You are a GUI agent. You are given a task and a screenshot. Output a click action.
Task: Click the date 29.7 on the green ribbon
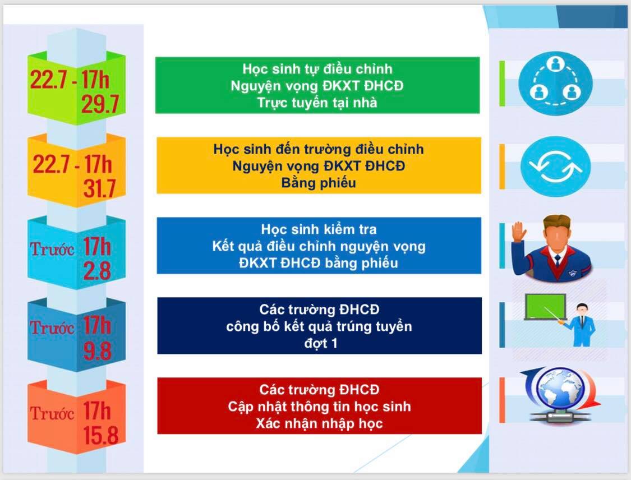pos(100,105)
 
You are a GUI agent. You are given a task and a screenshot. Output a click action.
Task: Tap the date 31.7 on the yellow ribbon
pos(99,188)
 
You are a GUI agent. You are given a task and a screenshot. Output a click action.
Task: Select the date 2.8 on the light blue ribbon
pos(97,270)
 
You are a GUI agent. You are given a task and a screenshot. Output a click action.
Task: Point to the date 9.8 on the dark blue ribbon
pos(98,351)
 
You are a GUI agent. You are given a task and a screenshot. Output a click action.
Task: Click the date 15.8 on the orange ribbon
pos(100,435)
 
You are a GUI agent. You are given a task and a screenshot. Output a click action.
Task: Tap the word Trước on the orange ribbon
pos(52,413)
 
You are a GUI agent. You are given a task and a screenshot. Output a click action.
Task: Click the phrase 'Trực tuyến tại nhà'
pos(317,103)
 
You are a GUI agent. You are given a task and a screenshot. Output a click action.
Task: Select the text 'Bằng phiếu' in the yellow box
pos(319,183)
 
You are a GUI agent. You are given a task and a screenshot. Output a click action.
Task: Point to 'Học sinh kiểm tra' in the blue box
pos(319,229)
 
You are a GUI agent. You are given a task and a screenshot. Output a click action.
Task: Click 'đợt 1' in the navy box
pos(320,343)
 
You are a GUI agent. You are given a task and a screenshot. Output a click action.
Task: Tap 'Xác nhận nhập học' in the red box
pos(319,423)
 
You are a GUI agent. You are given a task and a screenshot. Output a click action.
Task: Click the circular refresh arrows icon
pos(555,166)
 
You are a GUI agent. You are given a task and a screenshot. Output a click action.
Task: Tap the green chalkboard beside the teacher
pos(545,307)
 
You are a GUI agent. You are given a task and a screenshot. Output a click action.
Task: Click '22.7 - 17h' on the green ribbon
pos(69,79)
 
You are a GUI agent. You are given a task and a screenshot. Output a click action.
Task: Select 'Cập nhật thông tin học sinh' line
pos(320,407)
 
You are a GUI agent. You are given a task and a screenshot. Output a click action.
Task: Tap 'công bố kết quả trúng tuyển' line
pos(319,326)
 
